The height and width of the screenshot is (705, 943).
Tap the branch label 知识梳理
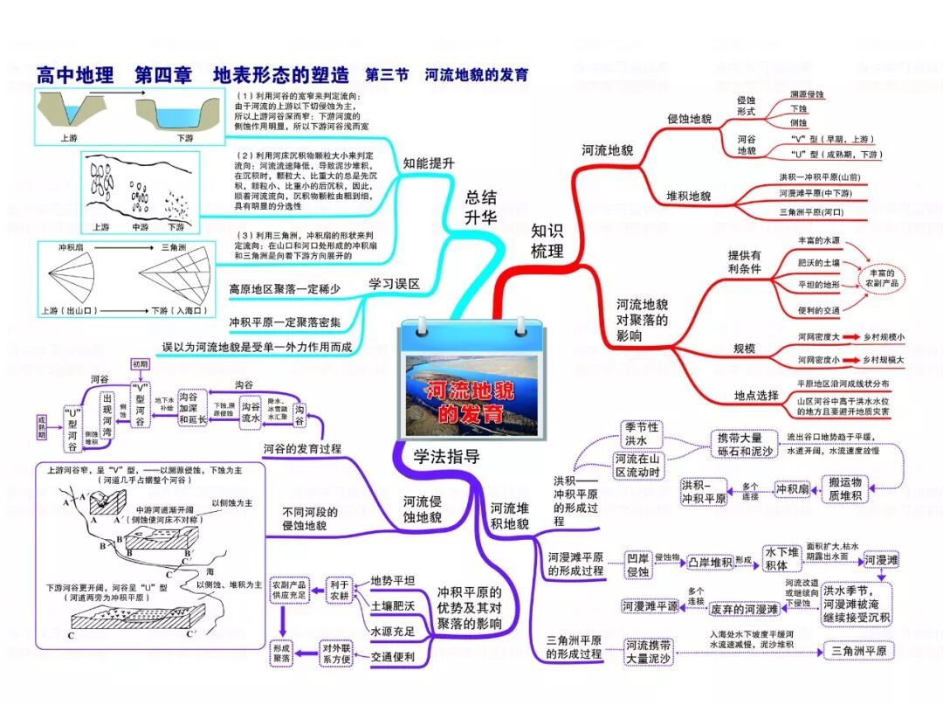coord(547,240)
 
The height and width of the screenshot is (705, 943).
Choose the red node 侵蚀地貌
coord(689,119)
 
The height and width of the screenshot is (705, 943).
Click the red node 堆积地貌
coord(689,196)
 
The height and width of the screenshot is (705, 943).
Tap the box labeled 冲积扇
coord(795,489)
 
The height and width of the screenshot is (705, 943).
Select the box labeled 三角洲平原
coord(859,651)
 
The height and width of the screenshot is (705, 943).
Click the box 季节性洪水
coord(642,434)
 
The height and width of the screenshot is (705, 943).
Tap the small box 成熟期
coord(41,427)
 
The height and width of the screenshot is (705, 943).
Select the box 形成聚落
coord(281,653)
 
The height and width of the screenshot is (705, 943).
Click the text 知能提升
coord(429,162)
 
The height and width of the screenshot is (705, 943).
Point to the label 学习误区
coord(394,284)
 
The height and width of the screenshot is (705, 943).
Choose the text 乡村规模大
coord(884,359)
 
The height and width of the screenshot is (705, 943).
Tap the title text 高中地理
coord(75,75)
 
